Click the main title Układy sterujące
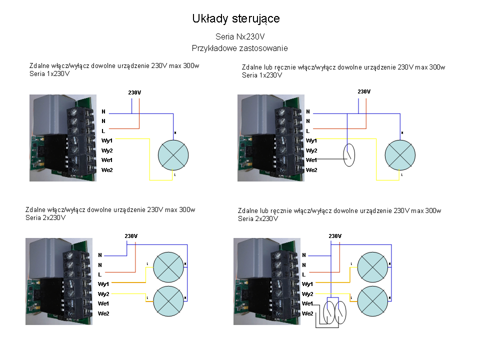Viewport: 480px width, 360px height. pyautogui.click(x=236, y=19)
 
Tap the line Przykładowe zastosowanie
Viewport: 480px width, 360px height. pyautogui.click(x=239, y=48)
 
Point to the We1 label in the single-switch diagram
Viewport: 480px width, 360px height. pyautogui.click(x=311, y=160)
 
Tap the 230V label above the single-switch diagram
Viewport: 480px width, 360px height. pyautogui.click(x=364, y=91)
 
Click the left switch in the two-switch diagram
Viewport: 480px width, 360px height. pyautogui.click(x=330, y=312)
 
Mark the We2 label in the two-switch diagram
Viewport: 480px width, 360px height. pyautogui.click(x=307, y=313)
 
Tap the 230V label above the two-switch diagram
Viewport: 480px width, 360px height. pyautogui.click(x=335, y=236)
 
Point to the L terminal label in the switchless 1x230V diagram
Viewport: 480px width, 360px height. pyautogui.click(x=103, y=130)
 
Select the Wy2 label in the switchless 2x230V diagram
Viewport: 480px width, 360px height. pyautogui.click(x=103, y=294)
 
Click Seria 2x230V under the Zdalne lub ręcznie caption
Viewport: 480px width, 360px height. pyautogui.click(x=258, y=218)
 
